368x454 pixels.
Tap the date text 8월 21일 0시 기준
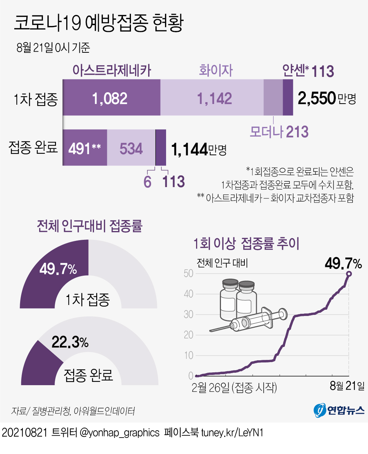(53, 48)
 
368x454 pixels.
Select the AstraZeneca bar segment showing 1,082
(110, 98)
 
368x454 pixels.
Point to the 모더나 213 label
(279, 132)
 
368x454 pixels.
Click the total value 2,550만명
(327, 98)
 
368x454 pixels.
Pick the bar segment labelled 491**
(85, 148)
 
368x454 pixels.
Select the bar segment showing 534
(131, 148)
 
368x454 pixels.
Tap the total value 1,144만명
(199, 149)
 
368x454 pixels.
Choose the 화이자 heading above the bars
(215, 70)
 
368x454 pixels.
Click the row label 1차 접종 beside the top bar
(35, 99)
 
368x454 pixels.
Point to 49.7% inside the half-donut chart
(58, 269)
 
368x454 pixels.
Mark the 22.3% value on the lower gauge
(70, 342)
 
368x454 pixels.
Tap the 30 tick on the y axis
(188, 314)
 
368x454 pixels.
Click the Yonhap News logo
(339, 410)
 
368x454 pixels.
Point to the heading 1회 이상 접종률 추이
(246, 243)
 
